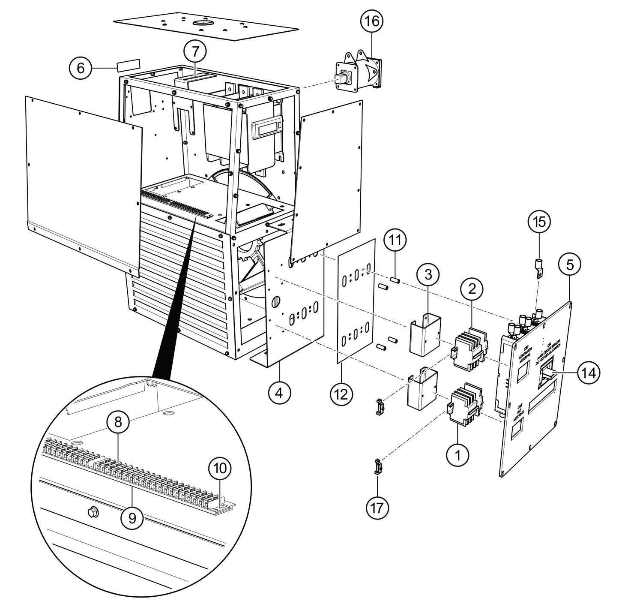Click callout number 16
coord(372,21)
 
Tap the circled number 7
coord(195,51)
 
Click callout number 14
coord(589,372)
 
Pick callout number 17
coord(377,508)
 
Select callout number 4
coord(279,392)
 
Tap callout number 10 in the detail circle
coord(220,468)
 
